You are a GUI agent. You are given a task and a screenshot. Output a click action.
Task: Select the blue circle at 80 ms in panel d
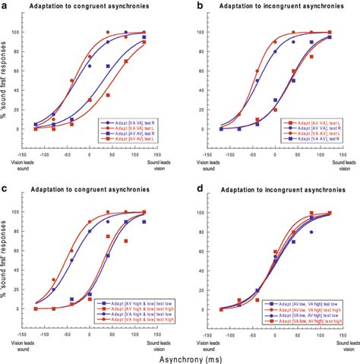pyautogui.click(x=310, y=230)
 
